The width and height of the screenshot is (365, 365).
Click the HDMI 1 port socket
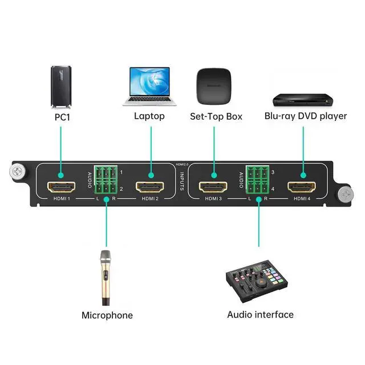point(62,187)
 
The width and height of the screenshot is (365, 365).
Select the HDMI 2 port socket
point(151,187)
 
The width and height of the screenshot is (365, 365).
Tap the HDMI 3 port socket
point(213,187)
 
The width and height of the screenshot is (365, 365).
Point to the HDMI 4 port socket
point(302,187)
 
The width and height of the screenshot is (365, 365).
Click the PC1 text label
point(61,116)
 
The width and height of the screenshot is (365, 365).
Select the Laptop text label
point(149,116)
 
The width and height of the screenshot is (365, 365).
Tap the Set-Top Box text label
point(216,116)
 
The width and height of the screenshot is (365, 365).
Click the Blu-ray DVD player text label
point(306,116)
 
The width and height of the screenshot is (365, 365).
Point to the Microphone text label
point(107,315)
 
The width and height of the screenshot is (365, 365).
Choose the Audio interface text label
point(260,314)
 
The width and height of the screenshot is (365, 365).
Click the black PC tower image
point(61,87)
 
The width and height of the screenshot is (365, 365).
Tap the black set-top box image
point(216,86)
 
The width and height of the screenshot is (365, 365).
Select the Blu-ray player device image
point(302,100)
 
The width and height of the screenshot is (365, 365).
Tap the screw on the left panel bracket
point(17,171)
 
